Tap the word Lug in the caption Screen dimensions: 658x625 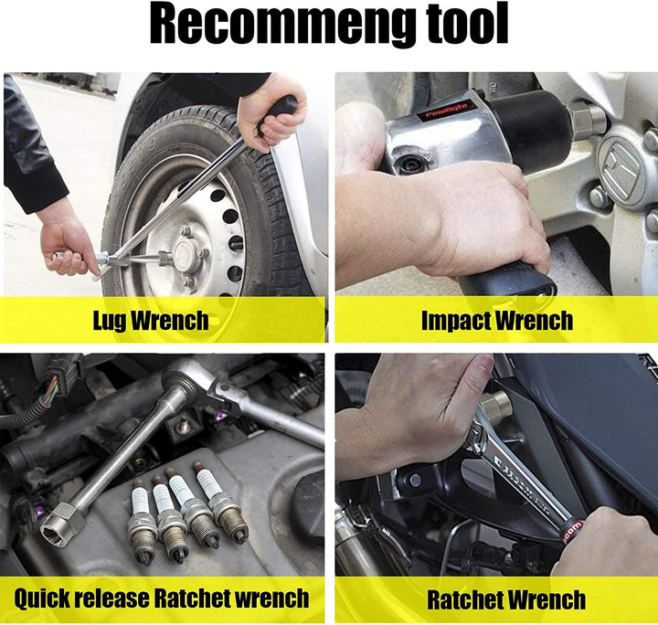tap(110, 322)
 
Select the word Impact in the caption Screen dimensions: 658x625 tap(456, 322)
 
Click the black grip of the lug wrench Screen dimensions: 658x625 tap(278, 111)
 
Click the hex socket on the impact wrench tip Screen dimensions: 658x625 tap(586, 121)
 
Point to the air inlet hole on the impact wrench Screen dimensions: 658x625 tap(406, 165)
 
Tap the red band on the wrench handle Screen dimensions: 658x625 tap(571, 531)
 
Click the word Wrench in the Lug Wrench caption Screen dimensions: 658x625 tap(170, 322)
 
